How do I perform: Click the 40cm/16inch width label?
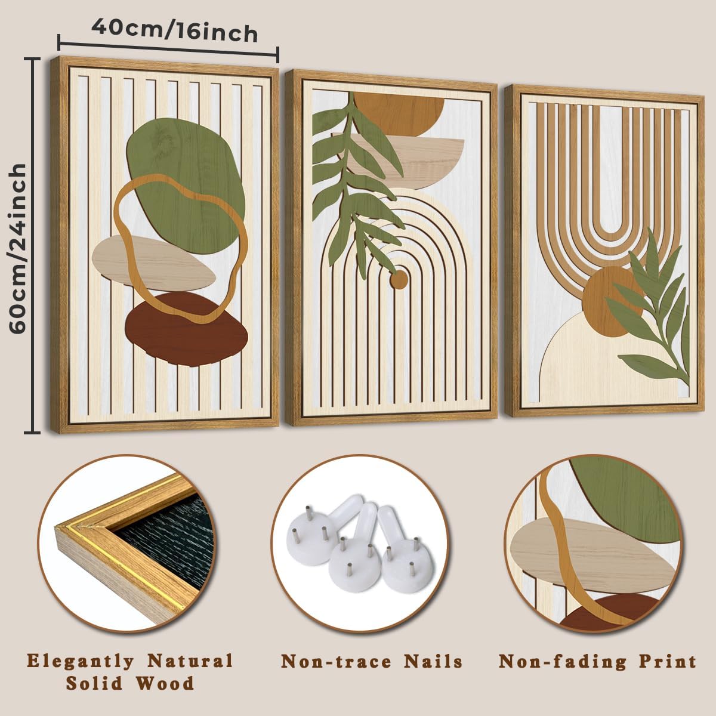point(174,31)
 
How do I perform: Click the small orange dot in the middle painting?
point(398,279)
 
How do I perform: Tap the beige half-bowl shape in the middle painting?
point(418,158)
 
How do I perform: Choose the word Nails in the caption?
point(434,662)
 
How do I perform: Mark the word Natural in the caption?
point(190,661)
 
